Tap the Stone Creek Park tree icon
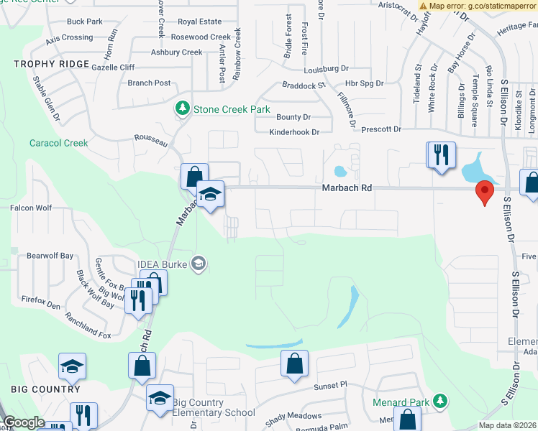point(183,109)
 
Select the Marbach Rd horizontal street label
point(347,187)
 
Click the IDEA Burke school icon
point(199,264)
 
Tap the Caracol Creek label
point(59,143)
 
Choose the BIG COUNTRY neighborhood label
point(45,389)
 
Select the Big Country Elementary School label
point(214,407)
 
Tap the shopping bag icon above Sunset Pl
point(294,365)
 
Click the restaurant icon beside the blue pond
point(442,155)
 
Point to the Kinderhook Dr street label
point(293,132)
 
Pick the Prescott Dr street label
point(377,129)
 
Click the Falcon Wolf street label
point(31,208)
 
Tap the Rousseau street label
point(151,140)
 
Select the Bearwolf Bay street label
point(50,256)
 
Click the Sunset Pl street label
point(329,386)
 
